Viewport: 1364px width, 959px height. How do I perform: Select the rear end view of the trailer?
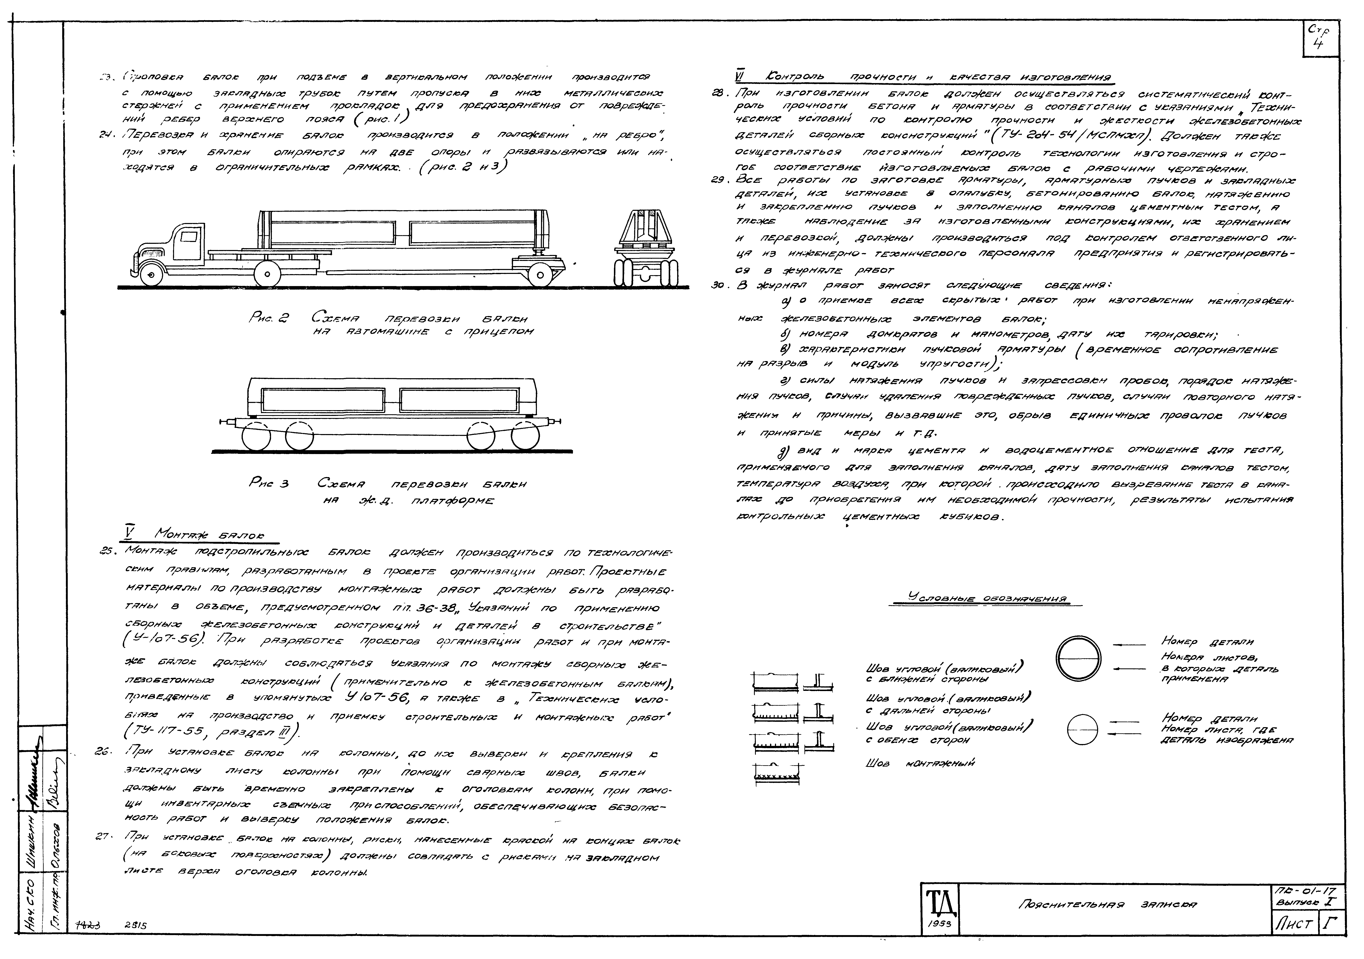(646, 247)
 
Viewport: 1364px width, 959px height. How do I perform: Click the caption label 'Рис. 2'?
(269, 319)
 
